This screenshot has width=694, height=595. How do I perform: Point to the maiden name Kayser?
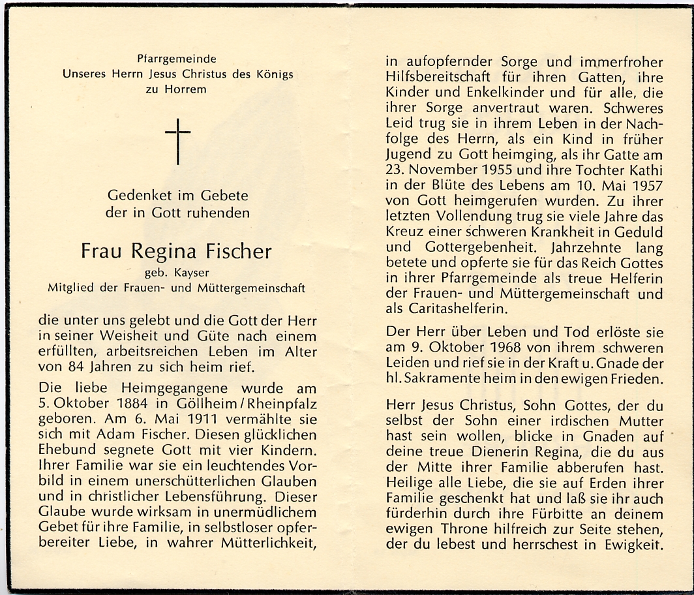click(x=193, y=274)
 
